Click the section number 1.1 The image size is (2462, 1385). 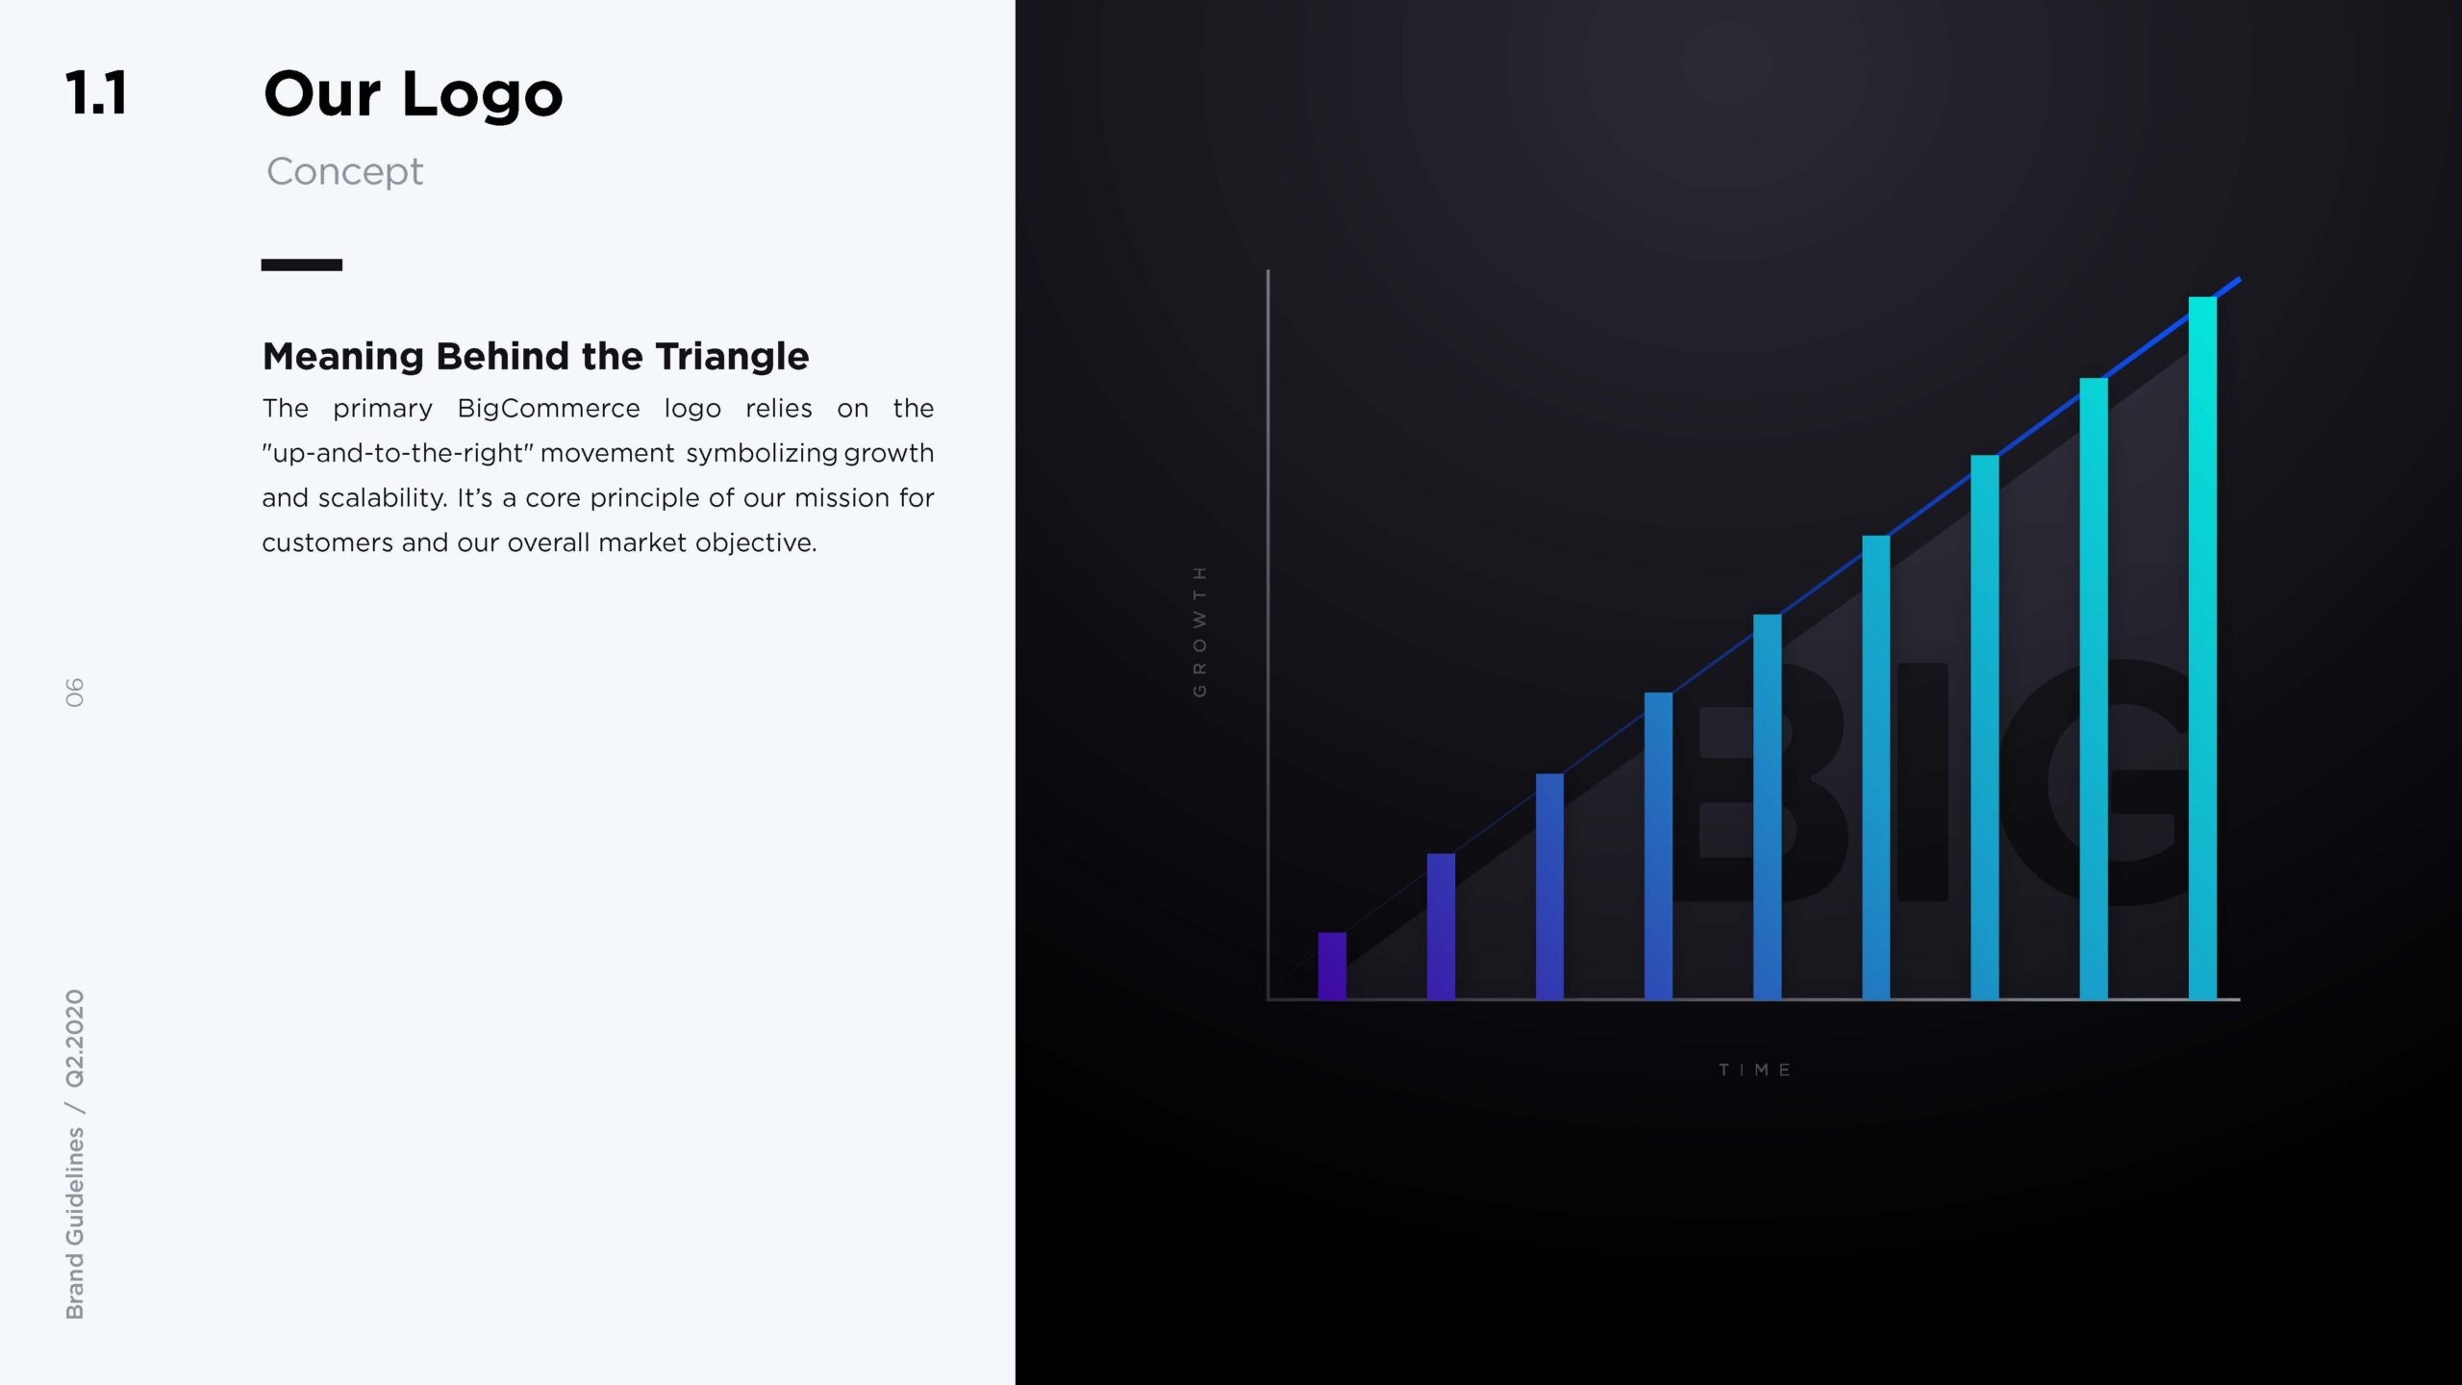coord(96,93)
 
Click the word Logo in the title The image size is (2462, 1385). coord(482,97)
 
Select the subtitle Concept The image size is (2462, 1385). coord(344,171)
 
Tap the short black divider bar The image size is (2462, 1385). coord(302,264)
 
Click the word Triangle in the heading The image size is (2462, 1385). coord(732,357)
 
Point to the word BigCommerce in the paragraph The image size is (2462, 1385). coord(548,409)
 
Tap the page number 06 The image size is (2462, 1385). coord(74,692)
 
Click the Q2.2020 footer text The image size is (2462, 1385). coord(74,1039)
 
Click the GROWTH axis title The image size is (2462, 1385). coord(1199,632)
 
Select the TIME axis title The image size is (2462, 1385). coord(1755,1070)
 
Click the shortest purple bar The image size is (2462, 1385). coord(1332,966)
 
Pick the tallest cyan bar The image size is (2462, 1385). coord(2202,648)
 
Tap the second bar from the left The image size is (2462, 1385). coord(1441,926)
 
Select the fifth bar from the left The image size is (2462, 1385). coord(1767,807)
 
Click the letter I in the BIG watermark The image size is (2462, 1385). coord(1922,782)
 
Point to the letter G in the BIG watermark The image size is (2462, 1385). coord(2097,782)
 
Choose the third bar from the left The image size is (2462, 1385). coord(1549,887)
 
